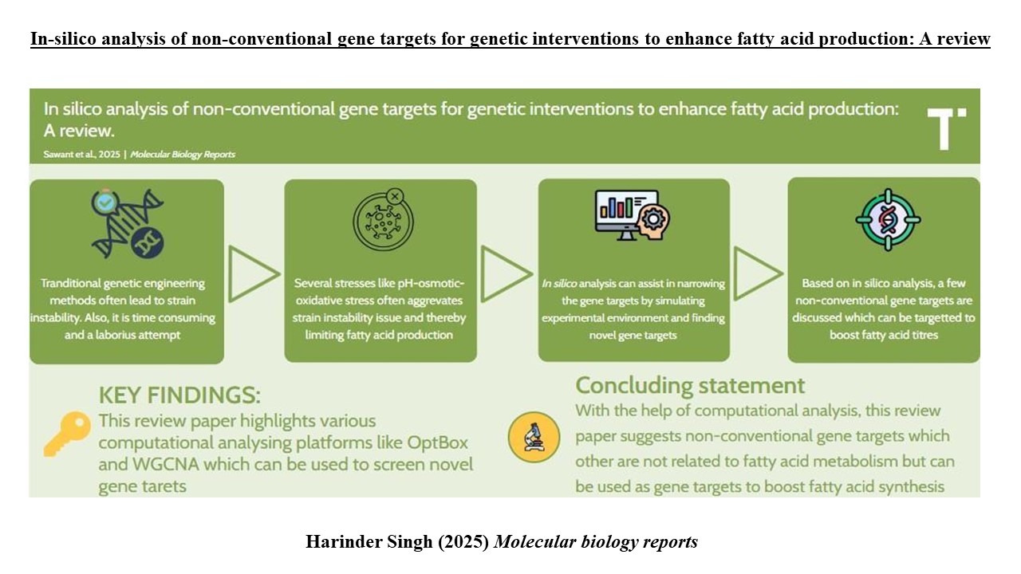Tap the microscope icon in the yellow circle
(534, 438)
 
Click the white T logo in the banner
(946, 128)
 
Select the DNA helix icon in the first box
(128, 224)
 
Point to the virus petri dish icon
(384, 219)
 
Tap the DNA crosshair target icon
(888, 219)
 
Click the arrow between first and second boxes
(254, 273)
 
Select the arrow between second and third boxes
(507, 273)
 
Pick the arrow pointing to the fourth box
(759, 273)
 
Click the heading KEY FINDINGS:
(179, 395)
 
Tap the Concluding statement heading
(690, 386)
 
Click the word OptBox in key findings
(438, 442)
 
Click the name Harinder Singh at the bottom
(369, 541)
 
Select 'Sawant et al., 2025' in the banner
(81, 155)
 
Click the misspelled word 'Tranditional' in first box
(70, 283)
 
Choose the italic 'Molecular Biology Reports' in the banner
(183, 155)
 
